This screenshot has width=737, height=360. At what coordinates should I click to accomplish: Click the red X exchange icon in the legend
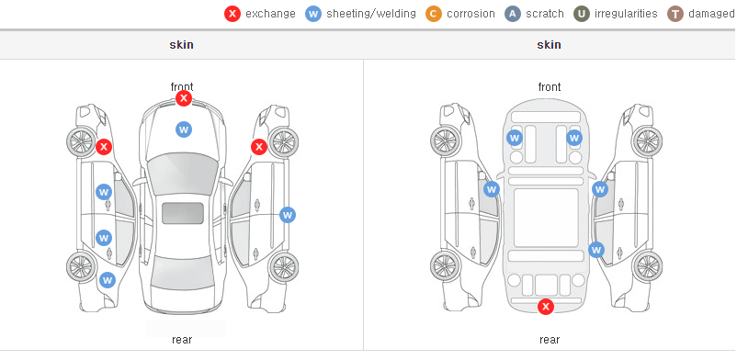pos(232,14)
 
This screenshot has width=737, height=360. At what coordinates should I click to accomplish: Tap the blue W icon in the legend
pos(313,14)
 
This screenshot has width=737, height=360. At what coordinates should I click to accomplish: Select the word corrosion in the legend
pos(471,14)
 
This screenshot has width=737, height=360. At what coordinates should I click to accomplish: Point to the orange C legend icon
pos(434,14)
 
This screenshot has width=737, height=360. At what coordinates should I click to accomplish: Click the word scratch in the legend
pos(545,14)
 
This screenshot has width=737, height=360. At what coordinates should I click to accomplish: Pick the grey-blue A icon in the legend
pos(513,14)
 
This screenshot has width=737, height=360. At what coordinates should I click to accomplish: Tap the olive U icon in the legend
pos(582,14)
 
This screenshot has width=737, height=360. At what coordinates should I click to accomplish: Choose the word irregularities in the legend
pos(626,14)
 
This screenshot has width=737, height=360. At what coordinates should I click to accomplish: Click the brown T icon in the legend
pos(675,14)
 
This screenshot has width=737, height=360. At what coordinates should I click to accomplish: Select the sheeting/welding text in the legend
pos(371,14)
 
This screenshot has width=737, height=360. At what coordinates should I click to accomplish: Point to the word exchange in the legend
pos(270,14)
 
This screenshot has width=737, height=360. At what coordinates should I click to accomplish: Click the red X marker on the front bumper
pos(184,98)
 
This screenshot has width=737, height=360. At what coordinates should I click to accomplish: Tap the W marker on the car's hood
pos(184,129)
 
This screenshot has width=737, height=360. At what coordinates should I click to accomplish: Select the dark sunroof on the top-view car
pos(183,213)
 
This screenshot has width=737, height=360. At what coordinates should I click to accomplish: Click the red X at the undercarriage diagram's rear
pos(546,307)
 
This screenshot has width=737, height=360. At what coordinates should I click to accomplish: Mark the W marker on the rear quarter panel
pos(108,281)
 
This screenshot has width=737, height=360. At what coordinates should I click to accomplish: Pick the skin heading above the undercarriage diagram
pos(549,45)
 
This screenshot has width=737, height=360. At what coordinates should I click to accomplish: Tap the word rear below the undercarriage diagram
pos(550,340)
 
